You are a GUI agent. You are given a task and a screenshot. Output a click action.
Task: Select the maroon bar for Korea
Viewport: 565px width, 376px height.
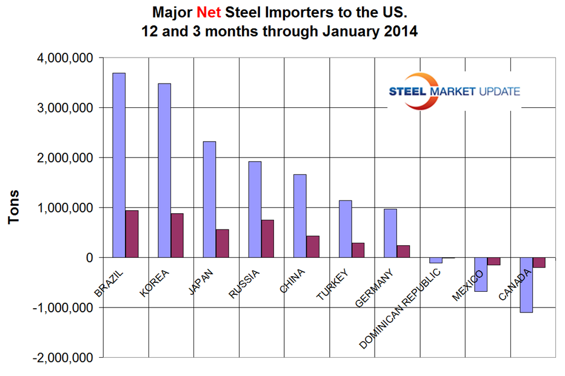click(177, 236)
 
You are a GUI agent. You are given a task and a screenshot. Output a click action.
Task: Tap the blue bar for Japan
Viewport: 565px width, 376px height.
click(209, 199)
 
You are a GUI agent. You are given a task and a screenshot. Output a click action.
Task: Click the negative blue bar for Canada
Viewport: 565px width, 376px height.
click(526, 285)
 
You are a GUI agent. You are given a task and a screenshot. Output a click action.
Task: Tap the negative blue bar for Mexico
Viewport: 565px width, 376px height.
click(481, 274)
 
